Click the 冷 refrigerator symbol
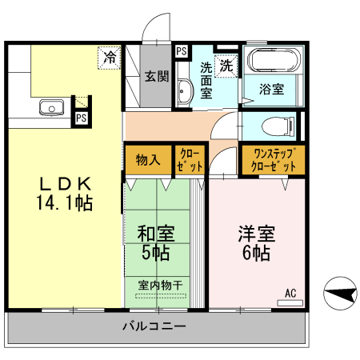click(x=108, y=58)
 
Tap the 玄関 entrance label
click(x=156, y=78)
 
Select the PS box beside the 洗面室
click(x=182, y=52)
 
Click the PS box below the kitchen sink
click(x=81, y=118)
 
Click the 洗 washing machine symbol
click(x=227, y=66)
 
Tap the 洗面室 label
click(x=206, y=81)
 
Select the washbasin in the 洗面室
click(x=183, y=93)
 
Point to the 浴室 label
click(x=273, y=90)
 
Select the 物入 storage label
click(x=148, y=158)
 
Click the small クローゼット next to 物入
click(x=190, y=158)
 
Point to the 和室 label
click(x=156, y=234)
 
